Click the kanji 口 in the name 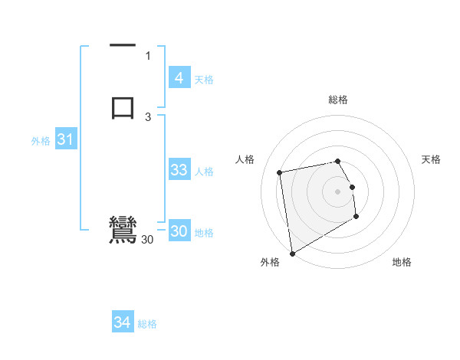coord(123,106)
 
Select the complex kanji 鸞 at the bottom coord(123,230)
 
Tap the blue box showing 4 coord(179,78)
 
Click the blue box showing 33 coord(179,170)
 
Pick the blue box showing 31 coord(65,140)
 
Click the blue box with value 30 coord(179,232)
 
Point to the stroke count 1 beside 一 coord(148,55)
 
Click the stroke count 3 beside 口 coord(148,117)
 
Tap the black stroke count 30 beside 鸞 coord(147,240)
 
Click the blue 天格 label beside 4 coord(204,79)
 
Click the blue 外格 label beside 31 coord(41,141)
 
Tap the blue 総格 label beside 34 coord(147,324)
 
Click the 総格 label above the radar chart coord(338,100)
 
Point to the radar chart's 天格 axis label coord(431,159)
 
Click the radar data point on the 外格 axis coord(292,253)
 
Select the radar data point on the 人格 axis coord(280,172)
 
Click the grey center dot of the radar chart coord(338,191)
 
